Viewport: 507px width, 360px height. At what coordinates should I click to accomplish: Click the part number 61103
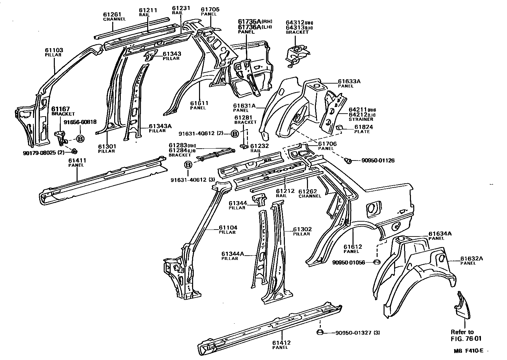pos(54,50)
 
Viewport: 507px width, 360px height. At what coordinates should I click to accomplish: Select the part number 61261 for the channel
pos(112,15)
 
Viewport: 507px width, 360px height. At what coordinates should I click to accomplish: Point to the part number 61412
pos(281,343)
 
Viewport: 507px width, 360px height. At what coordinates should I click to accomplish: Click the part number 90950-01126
pos(378,161)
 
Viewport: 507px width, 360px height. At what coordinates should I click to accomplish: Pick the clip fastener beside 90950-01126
pos(347,161)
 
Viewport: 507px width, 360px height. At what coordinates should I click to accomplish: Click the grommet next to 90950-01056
pos(376,263)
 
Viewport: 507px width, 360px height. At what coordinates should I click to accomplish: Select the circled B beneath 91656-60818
pos(80,138)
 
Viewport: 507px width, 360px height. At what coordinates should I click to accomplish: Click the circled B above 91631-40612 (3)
pos(188,165)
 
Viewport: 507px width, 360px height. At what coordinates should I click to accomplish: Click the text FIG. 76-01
pos(466,338)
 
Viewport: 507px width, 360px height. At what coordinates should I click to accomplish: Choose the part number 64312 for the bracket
pos(295,22)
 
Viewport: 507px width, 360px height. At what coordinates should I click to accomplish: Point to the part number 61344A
pos(232,254)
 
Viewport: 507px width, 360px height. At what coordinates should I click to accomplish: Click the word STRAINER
pos(359,119)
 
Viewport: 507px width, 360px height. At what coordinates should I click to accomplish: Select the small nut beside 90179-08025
pos(74,151)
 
